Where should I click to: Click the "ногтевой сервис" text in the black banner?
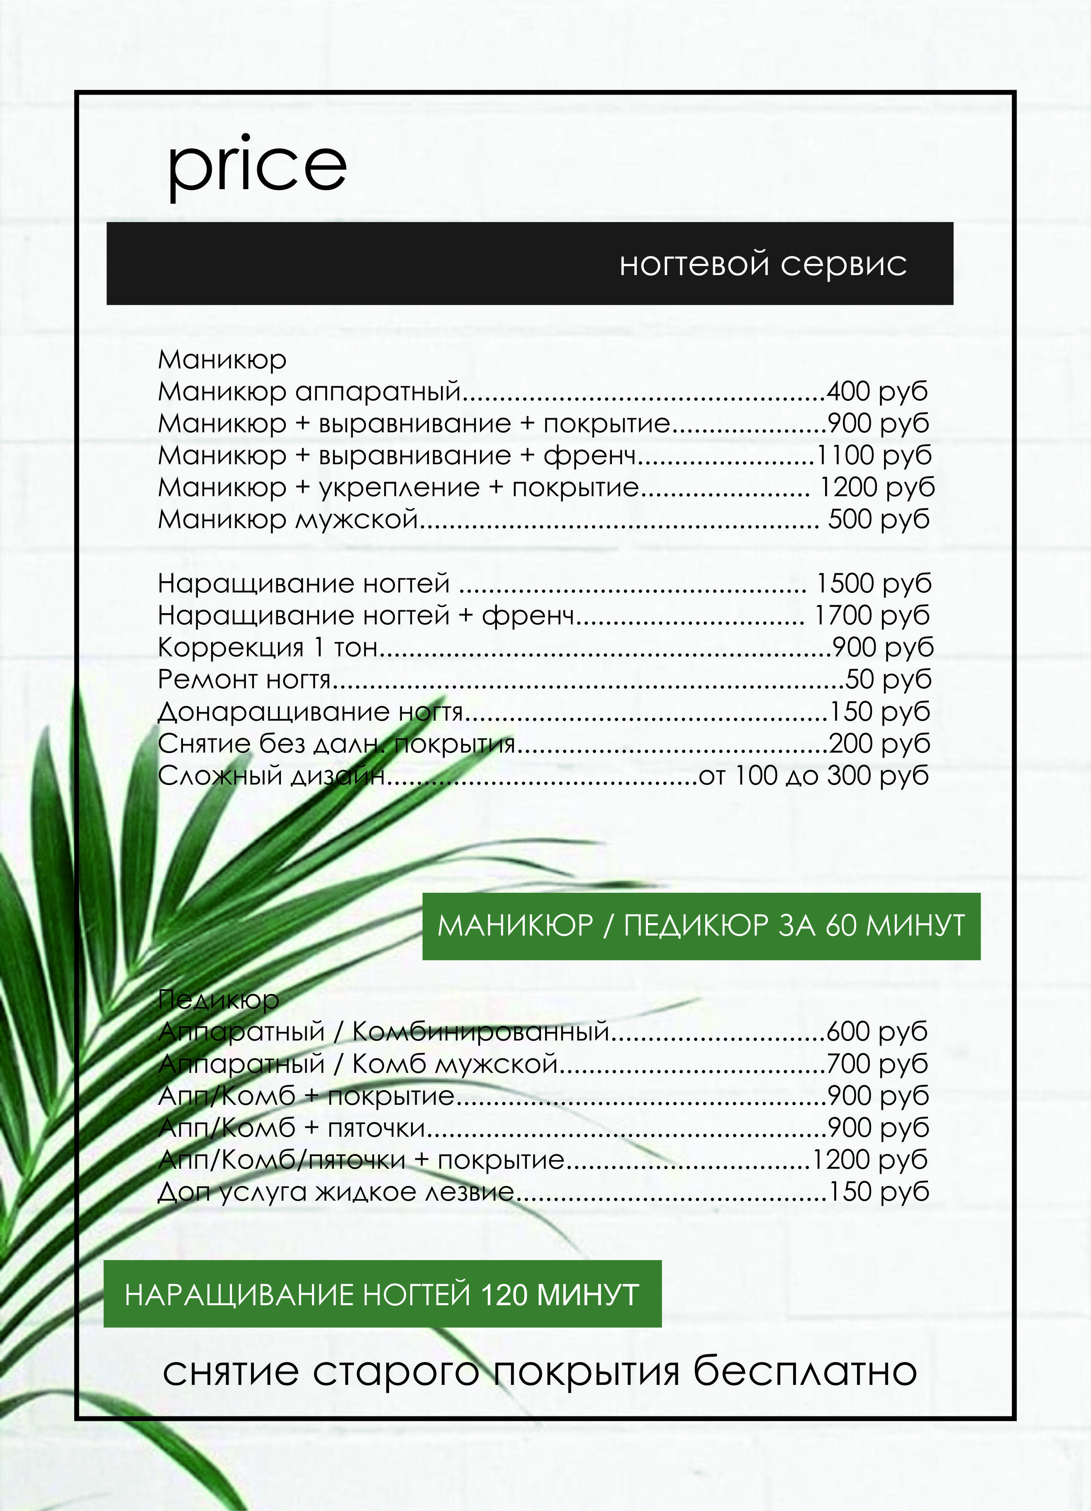coord(762,264)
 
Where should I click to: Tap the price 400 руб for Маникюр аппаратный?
coord(877,392)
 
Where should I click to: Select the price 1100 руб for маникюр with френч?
coord(873,456)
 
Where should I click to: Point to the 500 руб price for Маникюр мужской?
coord(878,520)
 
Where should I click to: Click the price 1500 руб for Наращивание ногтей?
coord(873,584)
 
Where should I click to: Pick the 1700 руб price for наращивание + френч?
coord(872,616)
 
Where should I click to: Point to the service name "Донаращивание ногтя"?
coord(310,712)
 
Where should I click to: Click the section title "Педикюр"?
coord(219,999)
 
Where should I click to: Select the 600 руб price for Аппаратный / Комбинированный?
coord(877,1031)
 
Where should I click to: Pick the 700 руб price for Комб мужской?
coord(877,1063)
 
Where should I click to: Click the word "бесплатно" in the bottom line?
coord(805,1371)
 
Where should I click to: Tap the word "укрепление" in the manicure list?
coord(399,487)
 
